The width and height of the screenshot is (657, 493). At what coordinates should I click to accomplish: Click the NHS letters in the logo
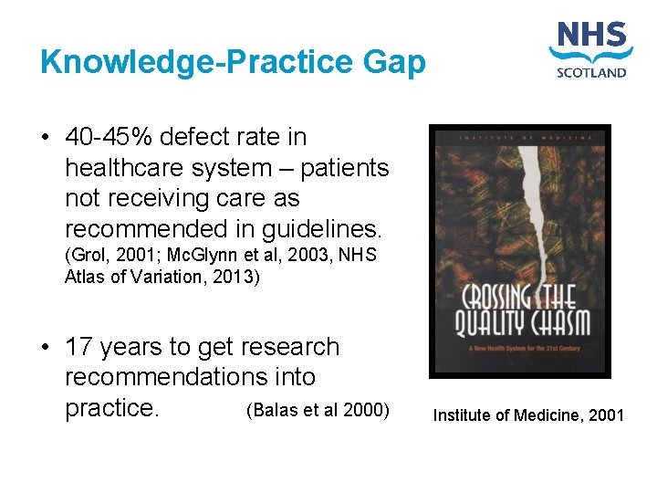[591, 38]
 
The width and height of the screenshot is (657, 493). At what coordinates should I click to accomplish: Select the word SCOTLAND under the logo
[591, 72]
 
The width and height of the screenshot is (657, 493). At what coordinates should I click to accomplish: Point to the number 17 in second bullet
[80, 348]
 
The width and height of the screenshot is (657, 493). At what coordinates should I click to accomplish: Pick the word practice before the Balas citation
[112, 408]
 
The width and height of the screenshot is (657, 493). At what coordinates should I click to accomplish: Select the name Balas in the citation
[275, 409]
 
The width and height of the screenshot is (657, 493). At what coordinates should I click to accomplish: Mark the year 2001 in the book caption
[606, 416]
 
